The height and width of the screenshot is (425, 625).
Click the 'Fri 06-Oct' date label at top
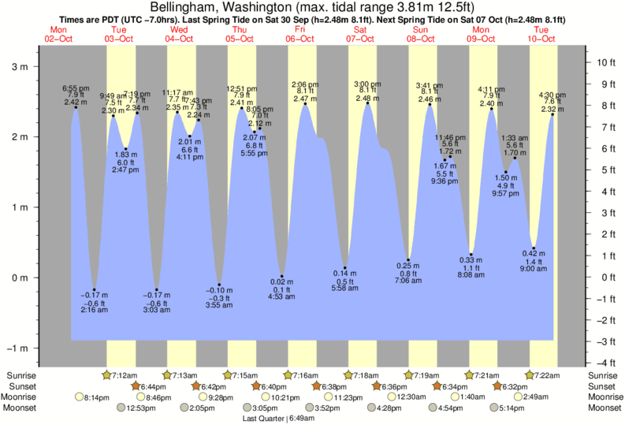tap(301, 34)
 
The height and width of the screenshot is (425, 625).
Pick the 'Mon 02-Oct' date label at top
tap(58, 34)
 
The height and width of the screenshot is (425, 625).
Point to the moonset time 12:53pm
tap(140, 408)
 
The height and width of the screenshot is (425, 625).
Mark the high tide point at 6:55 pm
tap(76, 107)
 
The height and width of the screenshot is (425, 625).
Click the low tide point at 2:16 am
tap(94, 289)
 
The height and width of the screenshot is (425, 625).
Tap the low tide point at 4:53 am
tap(282, 276)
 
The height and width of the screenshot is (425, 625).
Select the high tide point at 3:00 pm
tap(367, 103)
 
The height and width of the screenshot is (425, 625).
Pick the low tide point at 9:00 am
tap(534, 248)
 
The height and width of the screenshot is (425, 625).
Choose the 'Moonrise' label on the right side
tap(604, 397)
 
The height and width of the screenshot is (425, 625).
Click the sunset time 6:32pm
tap(516, 386)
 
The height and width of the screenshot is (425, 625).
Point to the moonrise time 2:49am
tap(535, 397)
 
